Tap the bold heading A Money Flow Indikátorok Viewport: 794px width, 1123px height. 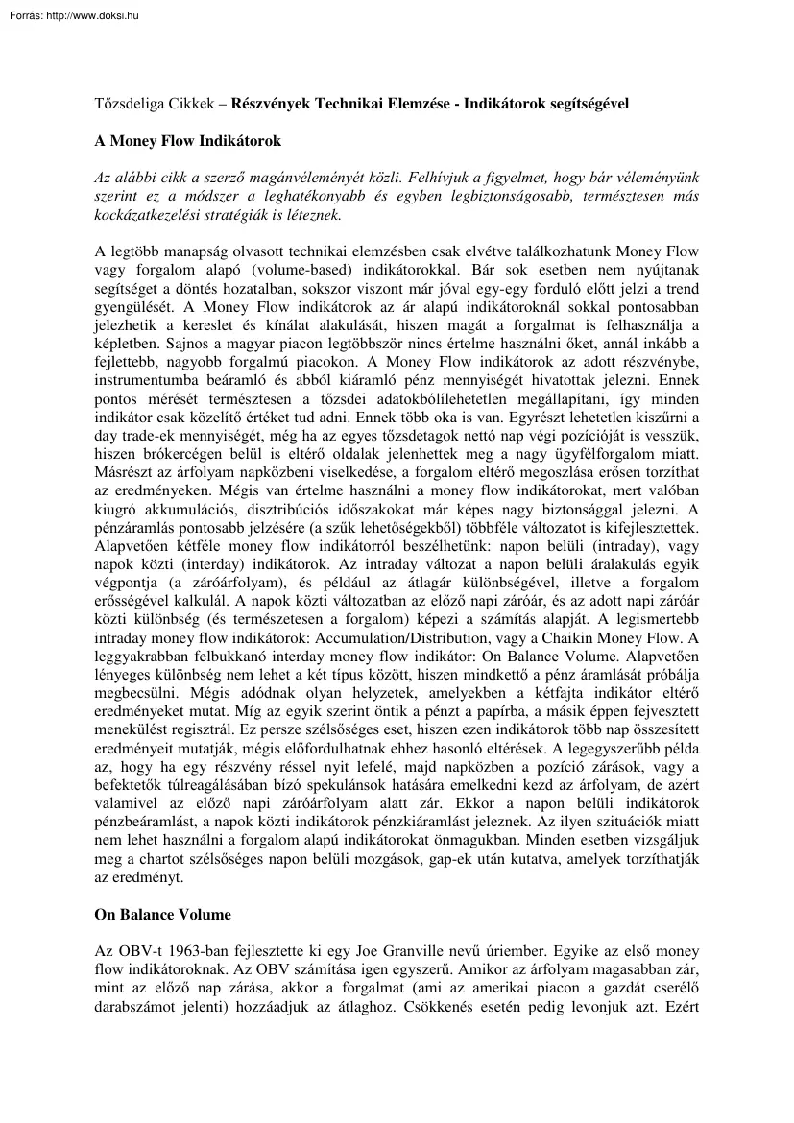pyautogui.click(x=187, y=141)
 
